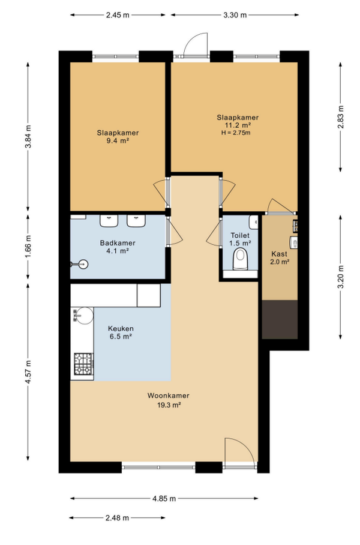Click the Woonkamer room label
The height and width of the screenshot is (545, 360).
point(168,396)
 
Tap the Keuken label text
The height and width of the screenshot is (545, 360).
point(121,328)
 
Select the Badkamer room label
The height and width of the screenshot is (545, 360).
point(118,243)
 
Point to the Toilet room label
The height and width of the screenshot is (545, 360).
point(240,236)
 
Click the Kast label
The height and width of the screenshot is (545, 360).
point(280,254)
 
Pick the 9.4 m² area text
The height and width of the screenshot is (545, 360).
point(118,141)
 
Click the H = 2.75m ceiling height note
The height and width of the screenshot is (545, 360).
point(236,133)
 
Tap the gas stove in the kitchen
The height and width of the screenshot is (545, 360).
point(84,364)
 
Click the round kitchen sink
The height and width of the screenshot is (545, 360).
point(85,315)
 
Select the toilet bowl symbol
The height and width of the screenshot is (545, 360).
point(240,259)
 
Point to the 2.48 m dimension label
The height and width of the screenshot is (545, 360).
point(117,518)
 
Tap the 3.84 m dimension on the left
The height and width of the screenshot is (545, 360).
point(28,137)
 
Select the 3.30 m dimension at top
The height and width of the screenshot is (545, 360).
point(235,15)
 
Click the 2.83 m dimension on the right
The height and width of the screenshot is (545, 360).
point(341,117)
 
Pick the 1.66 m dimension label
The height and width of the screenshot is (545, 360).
point(28,247)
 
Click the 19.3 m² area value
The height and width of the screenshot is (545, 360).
point(169,405)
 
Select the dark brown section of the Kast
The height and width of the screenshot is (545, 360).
point(280,319)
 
